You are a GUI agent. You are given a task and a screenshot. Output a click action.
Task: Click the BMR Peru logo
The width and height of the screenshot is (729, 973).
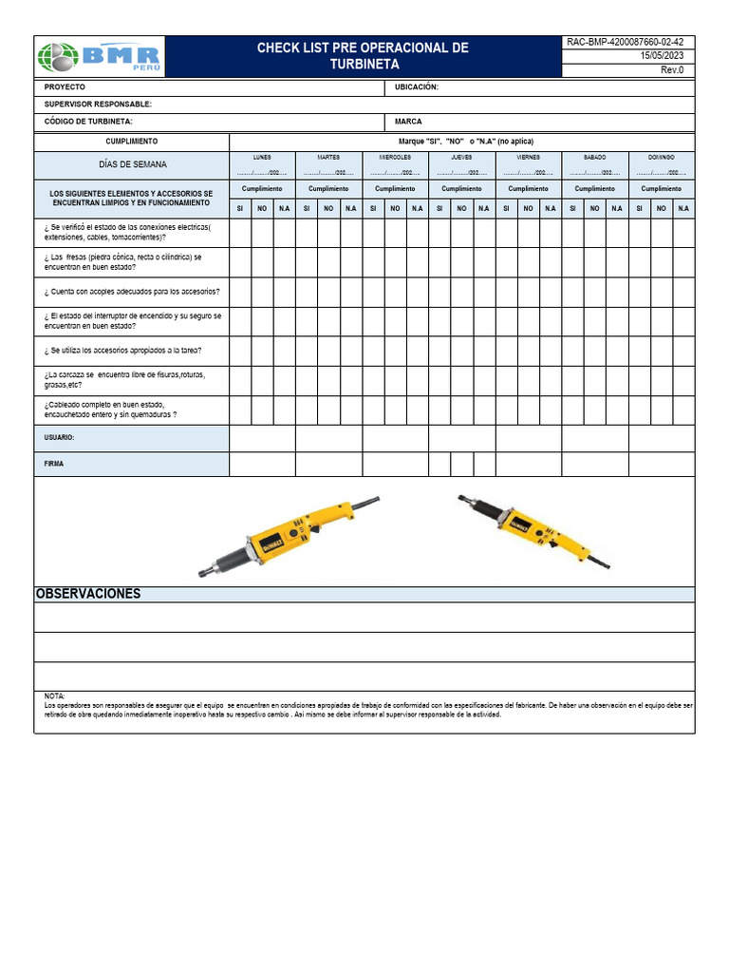pos(100,57)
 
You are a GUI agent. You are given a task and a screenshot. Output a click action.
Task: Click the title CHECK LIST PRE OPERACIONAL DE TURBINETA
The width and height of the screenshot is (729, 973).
pos(364,56)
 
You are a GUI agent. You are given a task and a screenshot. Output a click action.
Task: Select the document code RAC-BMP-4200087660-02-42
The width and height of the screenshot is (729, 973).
pos(625,42)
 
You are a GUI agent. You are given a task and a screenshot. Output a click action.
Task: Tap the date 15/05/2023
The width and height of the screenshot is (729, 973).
pos(662,56)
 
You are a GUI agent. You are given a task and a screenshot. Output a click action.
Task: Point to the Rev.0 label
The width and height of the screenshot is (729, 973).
pos(671,70)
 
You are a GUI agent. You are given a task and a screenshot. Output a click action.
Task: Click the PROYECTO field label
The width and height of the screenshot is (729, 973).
pos(65,86)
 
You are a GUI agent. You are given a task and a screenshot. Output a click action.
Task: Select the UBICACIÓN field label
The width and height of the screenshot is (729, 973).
pos(417,86)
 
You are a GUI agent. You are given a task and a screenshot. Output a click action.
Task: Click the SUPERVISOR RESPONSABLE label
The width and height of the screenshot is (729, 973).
pos(98,105)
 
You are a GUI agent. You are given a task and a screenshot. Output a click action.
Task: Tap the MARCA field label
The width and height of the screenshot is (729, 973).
pos(408,122)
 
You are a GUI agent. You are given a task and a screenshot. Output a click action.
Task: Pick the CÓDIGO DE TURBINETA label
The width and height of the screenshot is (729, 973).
pos(88,122)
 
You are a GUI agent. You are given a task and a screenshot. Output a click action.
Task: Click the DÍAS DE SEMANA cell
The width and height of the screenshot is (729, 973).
pos(132,164)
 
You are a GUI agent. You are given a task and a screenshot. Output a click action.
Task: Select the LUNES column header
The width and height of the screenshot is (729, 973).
pos(262,157)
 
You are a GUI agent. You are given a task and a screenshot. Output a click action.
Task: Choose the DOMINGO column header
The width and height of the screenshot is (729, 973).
pos(661,157)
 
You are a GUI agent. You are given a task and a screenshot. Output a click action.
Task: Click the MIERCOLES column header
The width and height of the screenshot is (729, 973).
pos(395,157)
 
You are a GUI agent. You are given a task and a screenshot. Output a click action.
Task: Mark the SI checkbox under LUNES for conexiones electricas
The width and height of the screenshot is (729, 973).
pos(240,233)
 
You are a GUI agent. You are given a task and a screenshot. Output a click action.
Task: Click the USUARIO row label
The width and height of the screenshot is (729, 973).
pos(60,438)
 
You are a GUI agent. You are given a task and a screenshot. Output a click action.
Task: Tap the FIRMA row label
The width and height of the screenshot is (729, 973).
pos(54,464)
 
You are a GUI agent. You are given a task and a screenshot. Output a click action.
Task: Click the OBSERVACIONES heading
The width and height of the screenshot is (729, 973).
pos(88,594)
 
